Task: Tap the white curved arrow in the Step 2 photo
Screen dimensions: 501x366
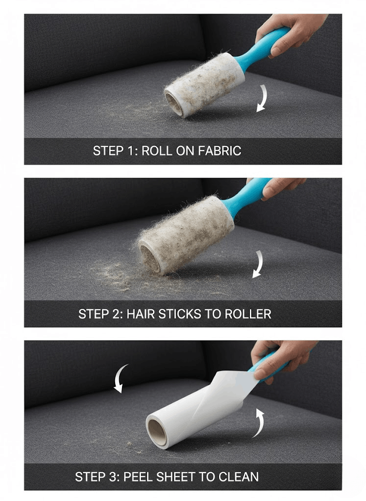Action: (x=258, y=264)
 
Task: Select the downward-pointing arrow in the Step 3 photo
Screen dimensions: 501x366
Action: (x=121, y=378)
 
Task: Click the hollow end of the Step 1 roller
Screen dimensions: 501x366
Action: (x=174, y=104)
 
